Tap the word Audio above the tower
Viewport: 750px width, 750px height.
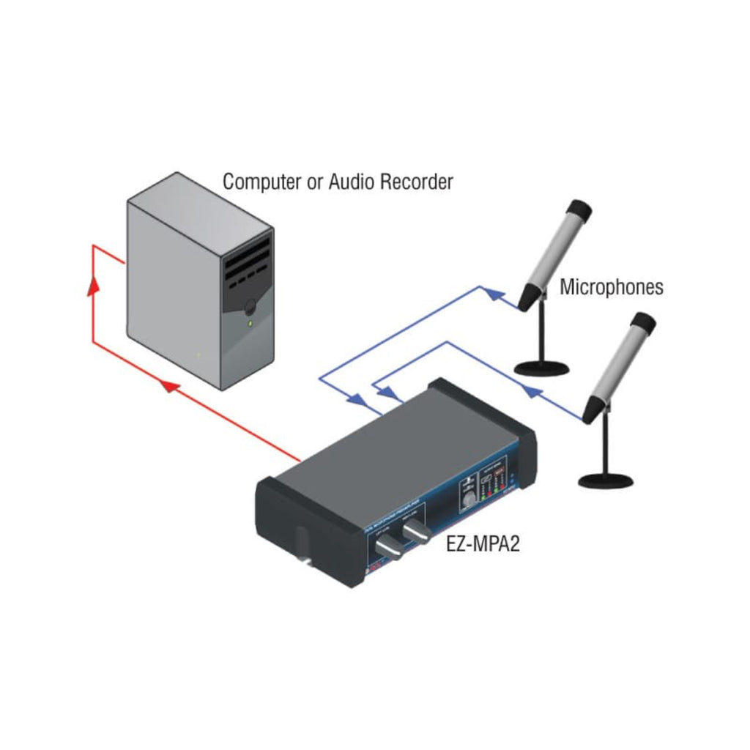(354, 182)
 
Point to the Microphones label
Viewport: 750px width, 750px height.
(612, 286)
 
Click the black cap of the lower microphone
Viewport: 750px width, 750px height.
(644, 323)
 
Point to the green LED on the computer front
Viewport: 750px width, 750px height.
(250, 322)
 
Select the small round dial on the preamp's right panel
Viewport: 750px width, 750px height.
(467, 502)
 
